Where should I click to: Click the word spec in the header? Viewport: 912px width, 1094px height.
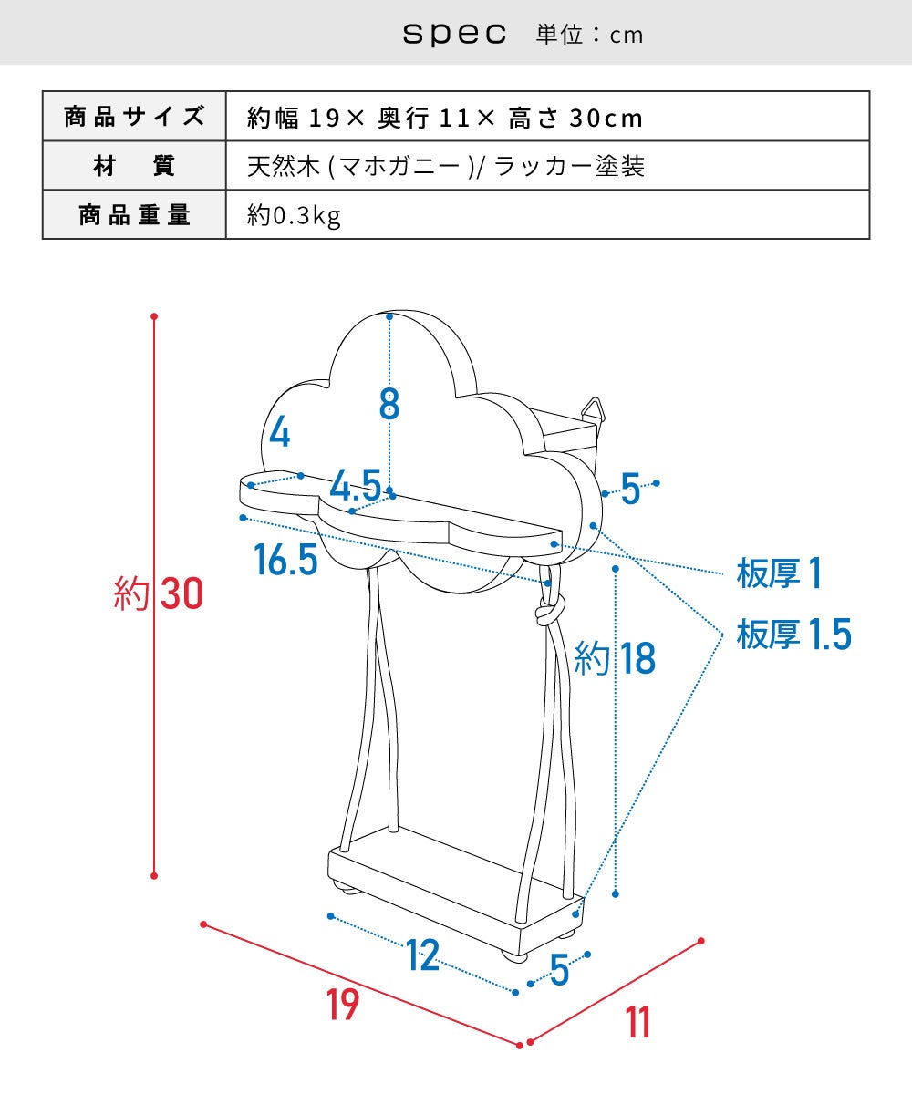454,34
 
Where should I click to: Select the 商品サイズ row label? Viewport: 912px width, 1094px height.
134,117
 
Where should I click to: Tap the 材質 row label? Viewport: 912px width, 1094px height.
134,166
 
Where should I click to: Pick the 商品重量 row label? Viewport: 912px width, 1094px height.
134,215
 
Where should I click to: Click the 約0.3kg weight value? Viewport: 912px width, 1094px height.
294,215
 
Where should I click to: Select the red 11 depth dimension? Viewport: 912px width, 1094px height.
638,1022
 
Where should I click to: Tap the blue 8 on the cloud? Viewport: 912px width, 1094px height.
389,404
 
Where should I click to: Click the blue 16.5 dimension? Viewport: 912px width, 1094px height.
285,560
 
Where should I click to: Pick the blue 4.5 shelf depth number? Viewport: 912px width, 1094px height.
356,485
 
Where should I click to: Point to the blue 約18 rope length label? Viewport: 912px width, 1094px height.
615,657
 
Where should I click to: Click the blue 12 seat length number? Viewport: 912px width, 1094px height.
422,955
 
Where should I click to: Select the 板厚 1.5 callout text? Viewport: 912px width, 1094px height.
793,634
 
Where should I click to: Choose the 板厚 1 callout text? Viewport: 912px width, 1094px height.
779,573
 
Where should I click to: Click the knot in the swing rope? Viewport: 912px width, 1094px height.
550,609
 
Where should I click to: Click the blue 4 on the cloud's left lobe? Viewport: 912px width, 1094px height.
280,433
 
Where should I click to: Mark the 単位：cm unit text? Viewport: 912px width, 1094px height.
589,36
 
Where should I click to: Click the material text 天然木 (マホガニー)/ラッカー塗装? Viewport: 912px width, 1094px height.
446,166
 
